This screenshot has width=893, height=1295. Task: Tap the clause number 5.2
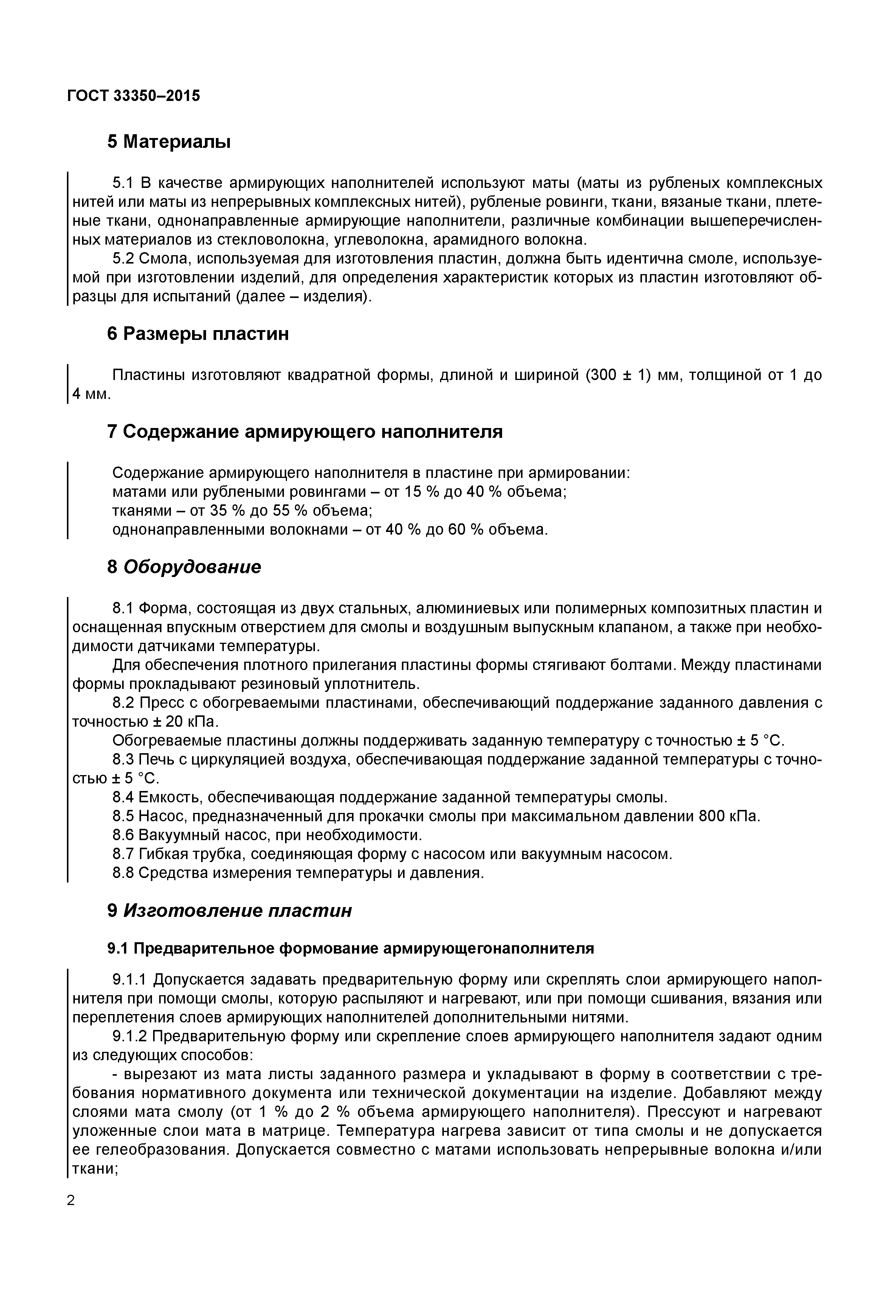click(124, 259)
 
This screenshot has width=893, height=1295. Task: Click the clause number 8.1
click(124, 608)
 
